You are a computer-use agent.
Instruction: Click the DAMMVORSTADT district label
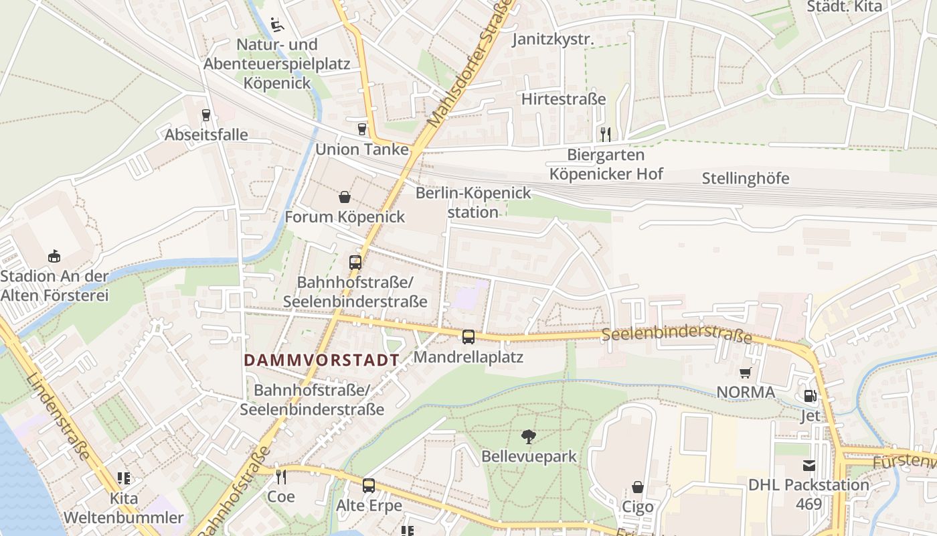pyautogui.click(x=321, y=360)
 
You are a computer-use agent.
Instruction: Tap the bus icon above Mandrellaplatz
pyautogui.click(x=468, y=336)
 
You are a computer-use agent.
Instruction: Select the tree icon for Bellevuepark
pyautogui.click(x=529, y=437)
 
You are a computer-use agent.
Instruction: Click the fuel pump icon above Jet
pyautogui.click(x=810, y=396)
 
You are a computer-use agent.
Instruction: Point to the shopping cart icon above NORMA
pyautogui.click(x=746, y=373)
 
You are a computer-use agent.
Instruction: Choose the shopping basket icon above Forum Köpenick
pyautogui.click(x=345, y=197)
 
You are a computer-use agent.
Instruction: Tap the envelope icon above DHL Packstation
pyautogui.click(x=809, y=465)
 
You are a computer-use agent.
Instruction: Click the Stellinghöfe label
pyautogui.click(x=746, y=178)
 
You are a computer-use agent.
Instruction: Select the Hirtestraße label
pyautogui.click(x=564, y=99)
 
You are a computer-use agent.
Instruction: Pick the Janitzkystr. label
pyautogui.click(x=553, y=40)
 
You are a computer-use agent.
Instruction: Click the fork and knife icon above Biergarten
pyautogui.click(x=606, y=134)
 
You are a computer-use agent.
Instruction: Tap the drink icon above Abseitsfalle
pyautogui.click(x=206, y=115)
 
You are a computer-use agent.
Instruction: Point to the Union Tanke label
pyautogui.click(x=361, y=149)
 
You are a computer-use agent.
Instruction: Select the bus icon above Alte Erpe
pyautogui.click(x=369, y=486)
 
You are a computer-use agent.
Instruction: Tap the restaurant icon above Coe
pyautogui.click(x=281, y=476)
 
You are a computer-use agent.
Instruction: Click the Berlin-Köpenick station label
pyautogui.click(x=473, y=202)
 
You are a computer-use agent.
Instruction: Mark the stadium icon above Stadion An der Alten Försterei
pyautogui.click(x=54, y=256)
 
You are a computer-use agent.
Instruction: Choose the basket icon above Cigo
pyautogui.click(x=638, y=487)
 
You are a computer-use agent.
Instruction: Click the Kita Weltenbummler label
pyautogui.click(x=123, y=508)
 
